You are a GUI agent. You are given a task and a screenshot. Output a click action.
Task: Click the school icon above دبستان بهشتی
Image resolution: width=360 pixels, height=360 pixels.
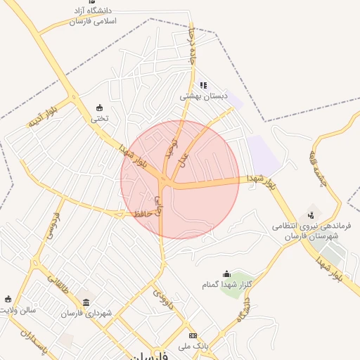pyautogui.click(x=203, y=85)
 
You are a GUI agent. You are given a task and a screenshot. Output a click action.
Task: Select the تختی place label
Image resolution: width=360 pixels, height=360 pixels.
pyautogui.click(x=98, y=118)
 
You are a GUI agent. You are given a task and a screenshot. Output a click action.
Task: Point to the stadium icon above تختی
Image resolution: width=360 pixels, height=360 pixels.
pyautogui.click(x=98, y=108)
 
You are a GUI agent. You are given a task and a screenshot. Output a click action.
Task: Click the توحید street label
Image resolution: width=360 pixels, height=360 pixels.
pyautogui.click(x=169, y=147)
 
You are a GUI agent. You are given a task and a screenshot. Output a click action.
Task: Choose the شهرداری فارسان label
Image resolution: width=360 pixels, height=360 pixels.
pyautogui.click(x=86, y=313)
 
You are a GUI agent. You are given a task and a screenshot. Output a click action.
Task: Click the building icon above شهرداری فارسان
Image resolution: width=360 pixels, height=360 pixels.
pyautogui.click(x=86, y=303)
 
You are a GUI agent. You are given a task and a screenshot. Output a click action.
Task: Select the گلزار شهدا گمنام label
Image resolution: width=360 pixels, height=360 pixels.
pyautogui.click(x=226, y=285)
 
